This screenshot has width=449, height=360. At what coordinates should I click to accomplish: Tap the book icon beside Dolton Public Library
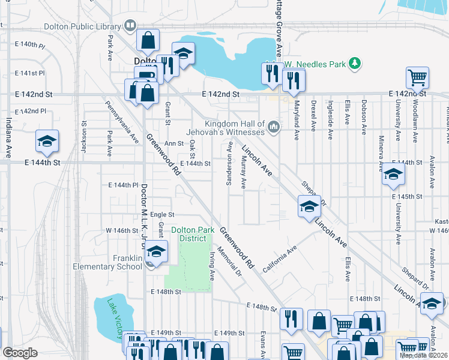129,26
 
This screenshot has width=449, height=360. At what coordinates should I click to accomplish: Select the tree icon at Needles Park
355,62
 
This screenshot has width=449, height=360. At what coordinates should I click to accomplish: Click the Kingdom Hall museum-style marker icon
274,126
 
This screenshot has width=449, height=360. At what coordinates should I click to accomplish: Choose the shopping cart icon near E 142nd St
417,77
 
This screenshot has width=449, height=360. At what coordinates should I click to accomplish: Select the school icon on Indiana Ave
47,142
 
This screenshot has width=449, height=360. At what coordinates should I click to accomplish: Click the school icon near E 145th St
393,174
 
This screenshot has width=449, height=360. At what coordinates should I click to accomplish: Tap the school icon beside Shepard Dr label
309,208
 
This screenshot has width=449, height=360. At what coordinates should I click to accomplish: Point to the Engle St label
162,214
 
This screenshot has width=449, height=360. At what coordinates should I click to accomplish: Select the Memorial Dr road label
229,263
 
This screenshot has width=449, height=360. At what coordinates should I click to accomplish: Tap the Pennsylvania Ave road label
122,121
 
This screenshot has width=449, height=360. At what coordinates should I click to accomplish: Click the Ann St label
173,143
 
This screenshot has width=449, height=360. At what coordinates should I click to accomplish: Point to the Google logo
20,353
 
